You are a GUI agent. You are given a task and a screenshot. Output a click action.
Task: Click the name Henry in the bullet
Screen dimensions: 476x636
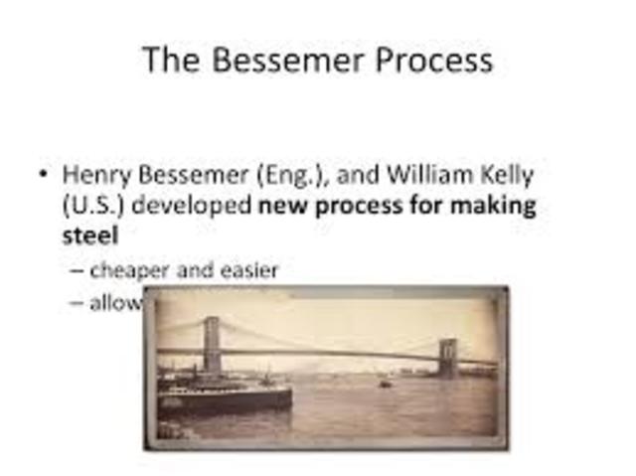pyautogui.click(x=94, y=175)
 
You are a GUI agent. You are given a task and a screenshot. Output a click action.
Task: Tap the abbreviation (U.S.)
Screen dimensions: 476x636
pyautogui.click(x=93, y=207)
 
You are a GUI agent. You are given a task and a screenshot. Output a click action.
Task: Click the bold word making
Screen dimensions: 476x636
pyautogui.click(x=498, y=207)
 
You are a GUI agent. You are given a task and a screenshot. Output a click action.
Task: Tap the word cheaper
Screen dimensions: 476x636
pyautogui.click(x=128, y=269)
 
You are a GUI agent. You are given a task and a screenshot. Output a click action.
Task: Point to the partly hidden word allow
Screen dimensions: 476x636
pyautogui.click(x=117, y=302)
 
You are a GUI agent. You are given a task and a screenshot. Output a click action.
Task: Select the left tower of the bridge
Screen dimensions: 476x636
pyautogui.click(x=211, y=344)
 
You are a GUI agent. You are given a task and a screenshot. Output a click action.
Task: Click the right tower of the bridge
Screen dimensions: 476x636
pyautogui.click(x=449, y=357)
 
